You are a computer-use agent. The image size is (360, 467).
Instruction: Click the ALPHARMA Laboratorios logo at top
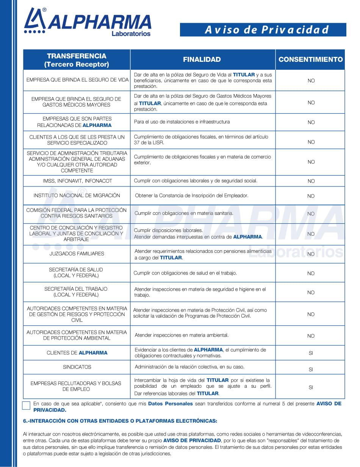click(x=88, y=23)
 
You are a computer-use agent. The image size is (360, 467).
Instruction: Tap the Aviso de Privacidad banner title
click(x=266, y=30)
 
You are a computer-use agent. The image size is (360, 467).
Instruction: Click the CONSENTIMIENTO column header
click(x=310, y=60)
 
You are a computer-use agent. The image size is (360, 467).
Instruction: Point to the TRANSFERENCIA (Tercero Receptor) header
click(x=77, y=60)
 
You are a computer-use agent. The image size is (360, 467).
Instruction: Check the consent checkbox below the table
click(x=26, y=405)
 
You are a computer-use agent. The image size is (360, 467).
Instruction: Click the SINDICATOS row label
click(x=77, y=367)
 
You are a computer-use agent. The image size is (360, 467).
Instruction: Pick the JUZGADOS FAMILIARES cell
click(x=77, y=254)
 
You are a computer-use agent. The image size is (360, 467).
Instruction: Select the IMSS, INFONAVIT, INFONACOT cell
click(x=77, y=181)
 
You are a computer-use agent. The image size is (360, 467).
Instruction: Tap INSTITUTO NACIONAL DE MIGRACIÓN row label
click(x=77, y=196)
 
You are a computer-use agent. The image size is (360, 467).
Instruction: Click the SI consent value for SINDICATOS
click(x=311, y=369)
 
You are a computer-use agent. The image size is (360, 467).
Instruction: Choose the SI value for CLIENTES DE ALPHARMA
click(x=311, y=353)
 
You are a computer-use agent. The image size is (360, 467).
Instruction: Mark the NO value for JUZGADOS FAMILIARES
click(x=311, y=254)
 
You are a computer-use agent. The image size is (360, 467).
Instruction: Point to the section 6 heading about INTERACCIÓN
click(x=120, y=421)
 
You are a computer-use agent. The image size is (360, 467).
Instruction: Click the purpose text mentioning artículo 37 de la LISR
click(x=201, y=139)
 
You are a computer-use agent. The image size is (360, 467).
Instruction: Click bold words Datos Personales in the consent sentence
click(x=170, y=404)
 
